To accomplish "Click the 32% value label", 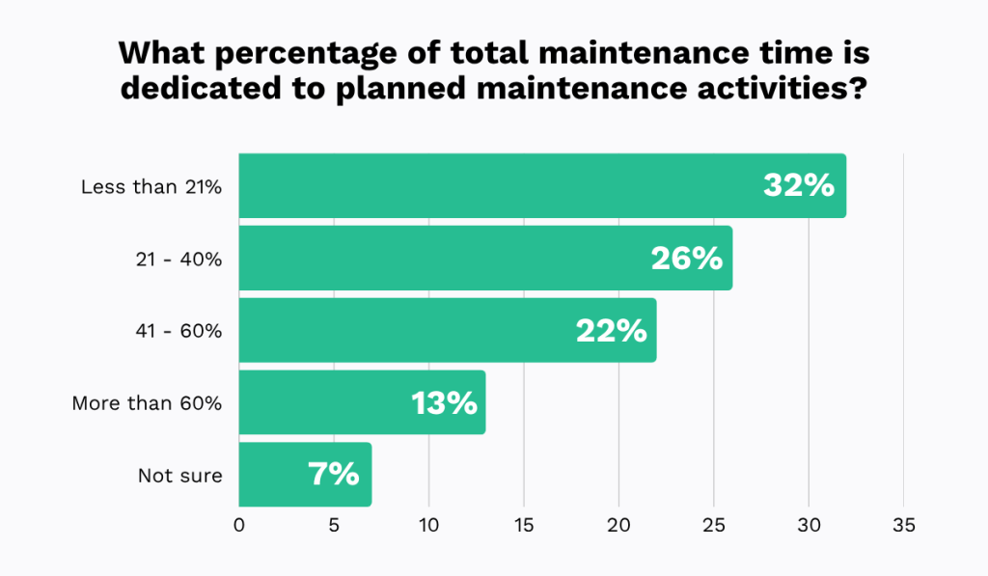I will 798,185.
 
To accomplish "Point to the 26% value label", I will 685,258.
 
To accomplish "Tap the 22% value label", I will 610,330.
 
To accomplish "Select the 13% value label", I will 444,402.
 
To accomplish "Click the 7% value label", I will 333,475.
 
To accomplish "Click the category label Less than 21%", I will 151,186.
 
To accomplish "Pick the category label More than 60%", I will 147,403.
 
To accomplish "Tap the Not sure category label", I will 179,476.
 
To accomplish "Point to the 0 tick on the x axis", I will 239,527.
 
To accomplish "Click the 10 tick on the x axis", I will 428,527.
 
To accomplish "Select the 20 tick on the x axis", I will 618,527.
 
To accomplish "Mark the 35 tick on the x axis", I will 903,527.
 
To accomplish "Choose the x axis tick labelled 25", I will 713,527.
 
